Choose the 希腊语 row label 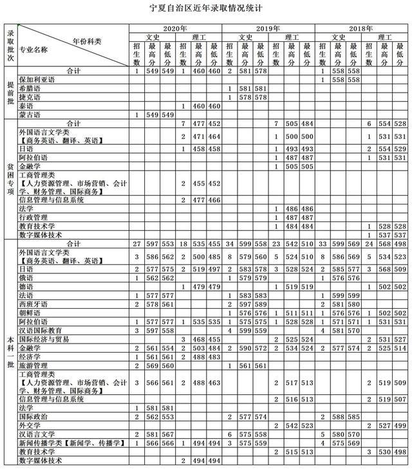pos(28,88)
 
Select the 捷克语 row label pos(28,97)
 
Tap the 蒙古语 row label pos(28,115)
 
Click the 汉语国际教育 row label pos(41,330)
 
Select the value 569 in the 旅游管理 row pos(152,365)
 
